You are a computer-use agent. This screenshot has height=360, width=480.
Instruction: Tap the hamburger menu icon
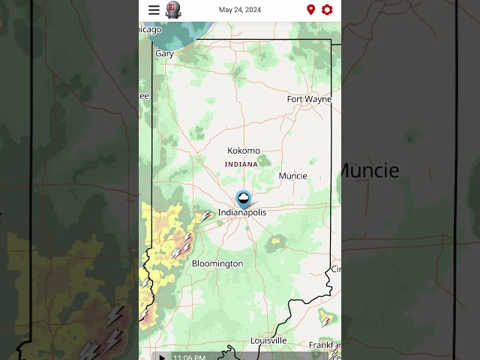click(x=154, y=10)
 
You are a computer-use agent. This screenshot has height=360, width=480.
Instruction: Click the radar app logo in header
click(x=173, y=10)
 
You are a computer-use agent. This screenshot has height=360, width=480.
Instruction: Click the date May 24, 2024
click(x=240, y=10)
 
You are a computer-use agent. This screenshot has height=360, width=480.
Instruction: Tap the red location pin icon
click(x=310, y=10)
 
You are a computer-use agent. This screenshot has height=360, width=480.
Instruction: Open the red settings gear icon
click(x=327, y=10)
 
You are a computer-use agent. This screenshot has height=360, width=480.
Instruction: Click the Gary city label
click(x=164, y=54)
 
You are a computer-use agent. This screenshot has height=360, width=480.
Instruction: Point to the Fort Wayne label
click(x=309, y=99)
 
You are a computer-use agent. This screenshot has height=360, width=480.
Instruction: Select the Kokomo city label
click(x=244, y=151)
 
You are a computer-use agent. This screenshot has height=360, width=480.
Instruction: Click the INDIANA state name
click(x=241, y=164)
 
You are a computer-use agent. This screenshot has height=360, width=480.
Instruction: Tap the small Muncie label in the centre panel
click(x=292, y=176)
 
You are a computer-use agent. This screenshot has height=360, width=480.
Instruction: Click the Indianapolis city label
click(x=241, y=213)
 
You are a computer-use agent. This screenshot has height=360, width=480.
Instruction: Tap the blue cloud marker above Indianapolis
click(x=244, y=199)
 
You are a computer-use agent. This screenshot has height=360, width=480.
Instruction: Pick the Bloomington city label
click(x=217, y=264)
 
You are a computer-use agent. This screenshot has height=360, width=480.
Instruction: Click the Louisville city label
click(x=268, y=340)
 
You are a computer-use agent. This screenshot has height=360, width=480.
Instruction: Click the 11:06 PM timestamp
click(x=189, y=357)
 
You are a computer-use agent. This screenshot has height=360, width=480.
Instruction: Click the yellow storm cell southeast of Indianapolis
click(x=277, y=241)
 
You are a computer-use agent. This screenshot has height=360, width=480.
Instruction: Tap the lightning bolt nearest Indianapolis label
click(x=205, y=216)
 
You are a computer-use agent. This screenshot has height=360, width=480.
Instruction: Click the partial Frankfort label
click(x=325, y=346)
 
